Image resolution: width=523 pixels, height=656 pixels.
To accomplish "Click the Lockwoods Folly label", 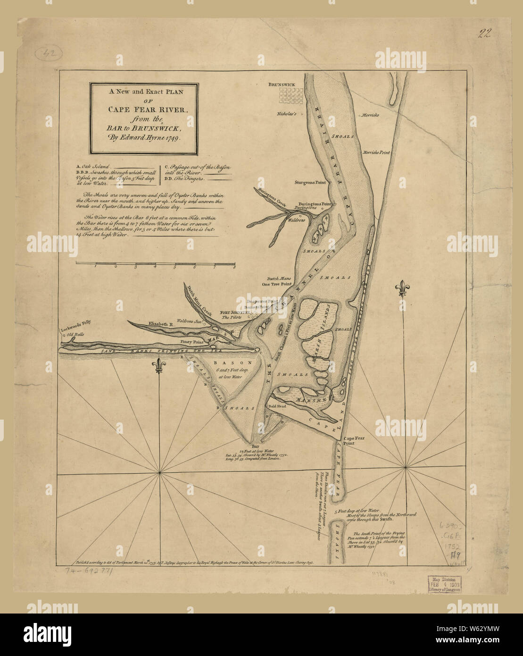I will tap(75, 323).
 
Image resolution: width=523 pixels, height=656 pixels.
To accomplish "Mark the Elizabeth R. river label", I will tap(162, 325).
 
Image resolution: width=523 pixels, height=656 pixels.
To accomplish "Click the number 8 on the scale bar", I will tap(234, 267).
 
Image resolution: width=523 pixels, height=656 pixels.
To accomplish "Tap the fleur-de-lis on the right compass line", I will tap(402, 289).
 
